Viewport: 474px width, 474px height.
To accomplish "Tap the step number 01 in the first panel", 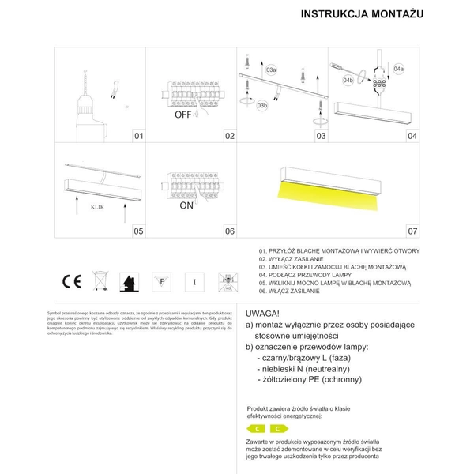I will pyautogui.click(x=137, y=137).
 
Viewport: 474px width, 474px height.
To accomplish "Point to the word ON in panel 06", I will pyautogui.click(x=186, y=205).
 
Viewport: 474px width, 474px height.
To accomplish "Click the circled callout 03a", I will pyautogui.click(x=271, y=70).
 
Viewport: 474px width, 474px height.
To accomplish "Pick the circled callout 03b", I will pyautogui.click(x=262, y=103).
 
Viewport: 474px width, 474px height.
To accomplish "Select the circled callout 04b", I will pyautogui.click(x=348, y=81).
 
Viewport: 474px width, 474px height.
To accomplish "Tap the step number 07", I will pyautogui.click(x=412, y=231).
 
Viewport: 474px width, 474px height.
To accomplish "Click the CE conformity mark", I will pyautogui.click(x=69, y=280).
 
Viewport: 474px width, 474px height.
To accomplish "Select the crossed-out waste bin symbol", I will pyautogui.click(x=99, y=280).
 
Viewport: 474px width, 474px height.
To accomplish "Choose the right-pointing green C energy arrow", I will pyautogui.click(x=280, y=427).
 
